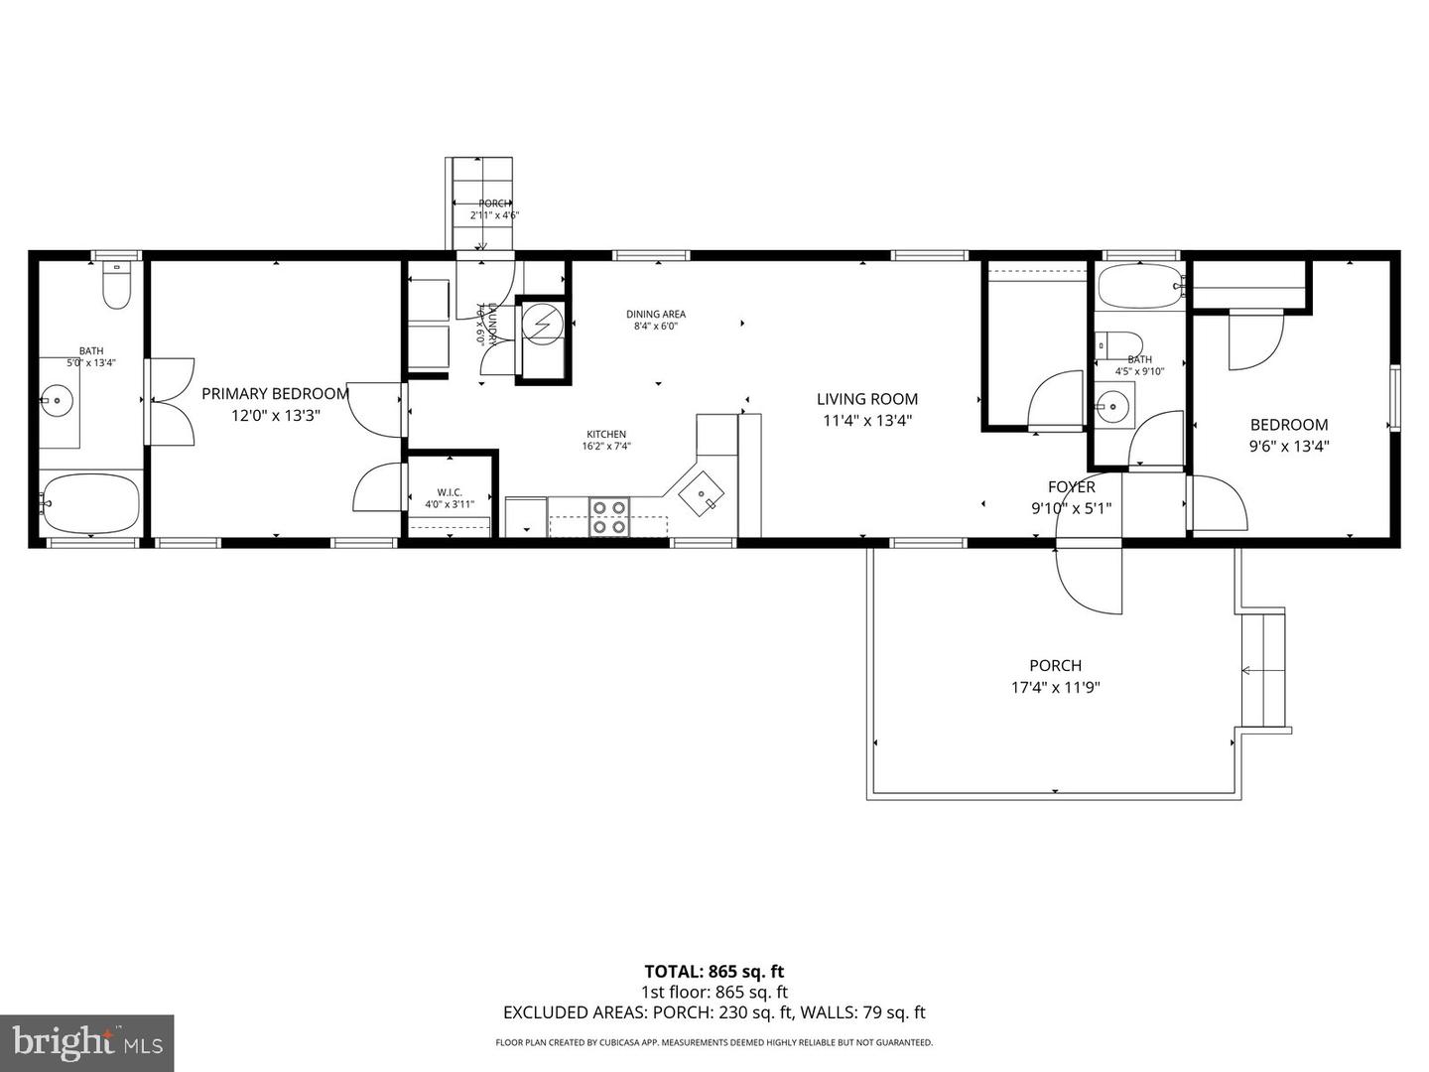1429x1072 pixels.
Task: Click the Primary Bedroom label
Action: coord(275,394)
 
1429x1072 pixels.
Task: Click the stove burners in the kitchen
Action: coord(609,516)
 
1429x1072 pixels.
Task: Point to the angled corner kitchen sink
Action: coord(703,493)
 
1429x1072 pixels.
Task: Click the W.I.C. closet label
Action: coord(450,492)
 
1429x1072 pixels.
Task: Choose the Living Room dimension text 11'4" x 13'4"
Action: coord(867,420)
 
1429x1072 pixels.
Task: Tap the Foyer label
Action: coord(1072,487)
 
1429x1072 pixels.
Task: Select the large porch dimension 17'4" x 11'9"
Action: coord(1055,687)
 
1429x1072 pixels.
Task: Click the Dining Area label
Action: coord(656,315)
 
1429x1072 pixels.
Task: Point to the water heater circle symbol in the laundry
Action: coord(543,325)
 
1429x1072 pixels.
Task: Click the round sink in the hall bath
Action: coord(1115,406)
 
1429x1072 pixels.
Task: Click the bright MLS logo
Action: coord(87,1042)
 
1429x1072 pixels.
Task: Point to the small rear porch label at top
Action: coord(494,203)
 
